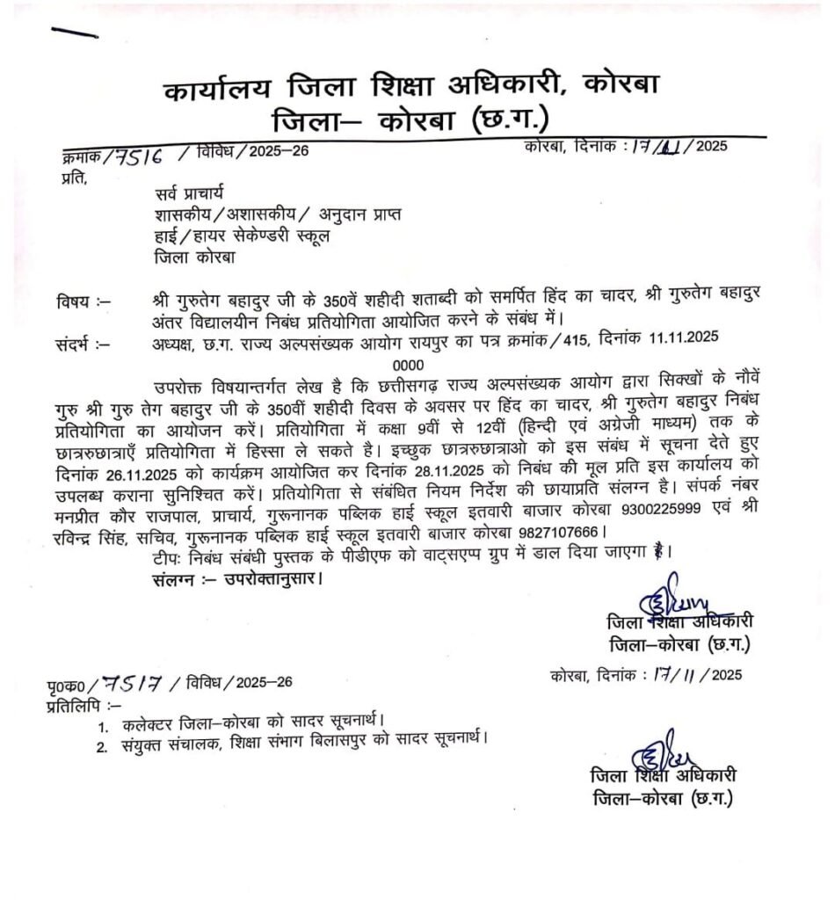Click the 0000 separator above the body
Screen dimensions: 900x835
click(408, 364)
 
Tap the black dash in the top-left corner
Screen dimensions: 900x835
click(74, 33)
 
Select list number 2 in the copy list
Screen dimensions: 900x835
click(103, 748)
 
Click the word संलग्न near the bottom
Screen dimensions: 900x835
click(170, 579)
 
